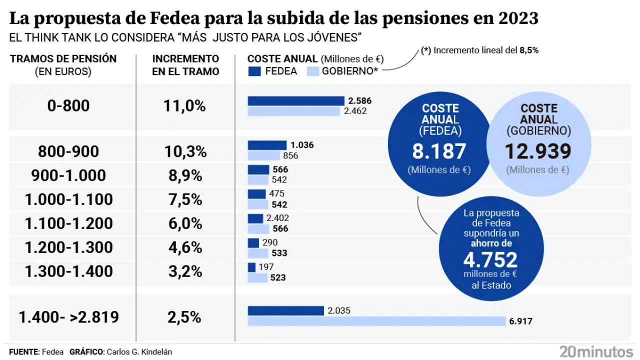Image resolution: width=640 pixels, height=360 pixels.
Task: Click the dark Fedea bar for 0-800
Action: (296, 101)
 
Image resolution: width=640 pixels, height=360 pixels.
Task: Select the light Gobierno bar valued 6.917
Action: (377, 321)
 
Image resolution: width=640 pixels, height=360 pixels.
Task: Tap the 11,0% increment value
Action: (184, 106)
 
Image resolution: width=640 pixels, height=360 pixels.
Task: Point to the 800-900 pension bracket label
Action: (68, 151)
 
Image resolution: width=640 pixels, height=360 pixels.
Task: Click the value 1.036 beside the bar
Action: (301, 145)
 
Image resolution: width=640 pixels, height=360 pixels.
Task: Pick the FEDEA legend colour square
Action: (254, 71)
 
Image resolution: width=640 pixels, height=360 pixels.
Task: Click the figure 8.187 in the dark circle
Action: (439, 151)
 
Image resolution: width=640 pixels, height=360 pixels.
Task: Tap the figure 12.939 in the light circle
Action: (537, 151)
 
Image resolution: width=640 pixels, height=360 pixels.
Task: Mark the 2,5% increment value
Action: (184, 317)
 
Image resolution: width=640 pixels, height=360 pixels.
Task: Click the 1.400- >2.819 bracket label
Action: (68, 317)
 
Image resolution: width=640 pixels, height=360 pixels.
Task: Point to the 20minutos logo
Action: (596, 351)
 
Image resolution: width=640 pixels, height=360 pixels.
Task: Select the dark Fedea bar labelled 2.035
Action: (286, 310)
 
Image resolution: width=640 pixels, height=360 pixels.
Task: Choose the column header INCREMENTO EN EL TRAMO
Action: (185, 65)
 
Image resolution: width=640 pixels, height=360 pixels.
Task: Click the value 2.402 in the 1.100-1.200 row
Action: (277, 218)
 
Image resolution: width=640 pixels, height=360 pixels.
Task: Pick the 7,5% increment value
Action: (184, 199)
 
